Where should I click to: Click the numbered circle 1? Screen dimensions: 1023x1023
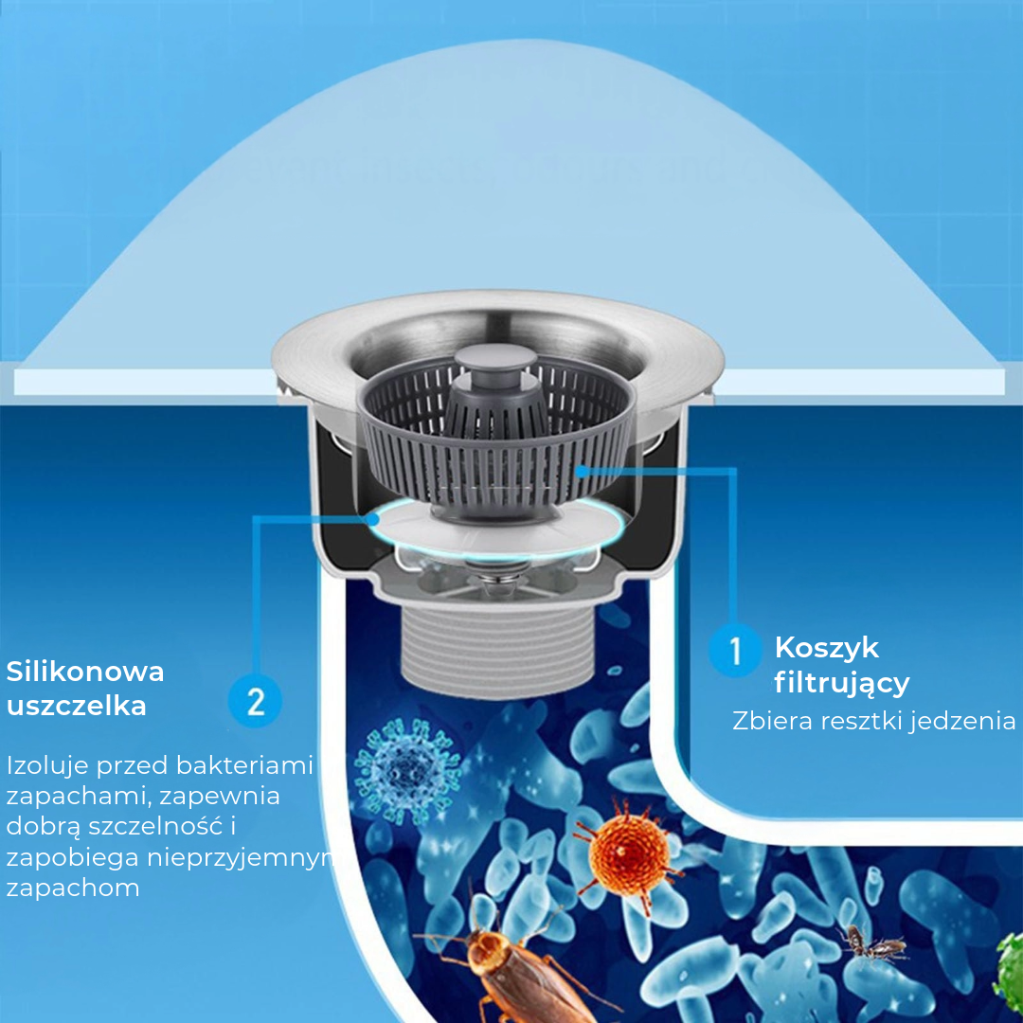point(735,650)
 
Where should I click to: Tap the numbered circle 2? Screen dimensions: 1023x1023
point(255,701)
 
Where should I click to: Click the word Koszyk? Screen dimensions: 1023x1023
point(827,648)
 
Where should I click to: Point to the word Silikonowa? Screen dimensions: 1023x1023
point(85,672)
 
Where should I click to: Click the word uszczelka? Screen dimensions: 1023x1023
point(77,706)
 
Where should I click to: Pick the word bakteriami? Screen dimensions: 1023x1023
point(244,764)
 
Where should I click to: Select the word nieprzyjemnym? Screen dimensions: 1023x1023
point(240,858)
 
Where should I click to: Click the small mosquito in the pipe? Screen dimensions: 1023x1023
point(871,943)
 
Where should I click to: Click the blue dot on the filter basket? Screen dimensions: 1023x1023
point(581,470)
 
